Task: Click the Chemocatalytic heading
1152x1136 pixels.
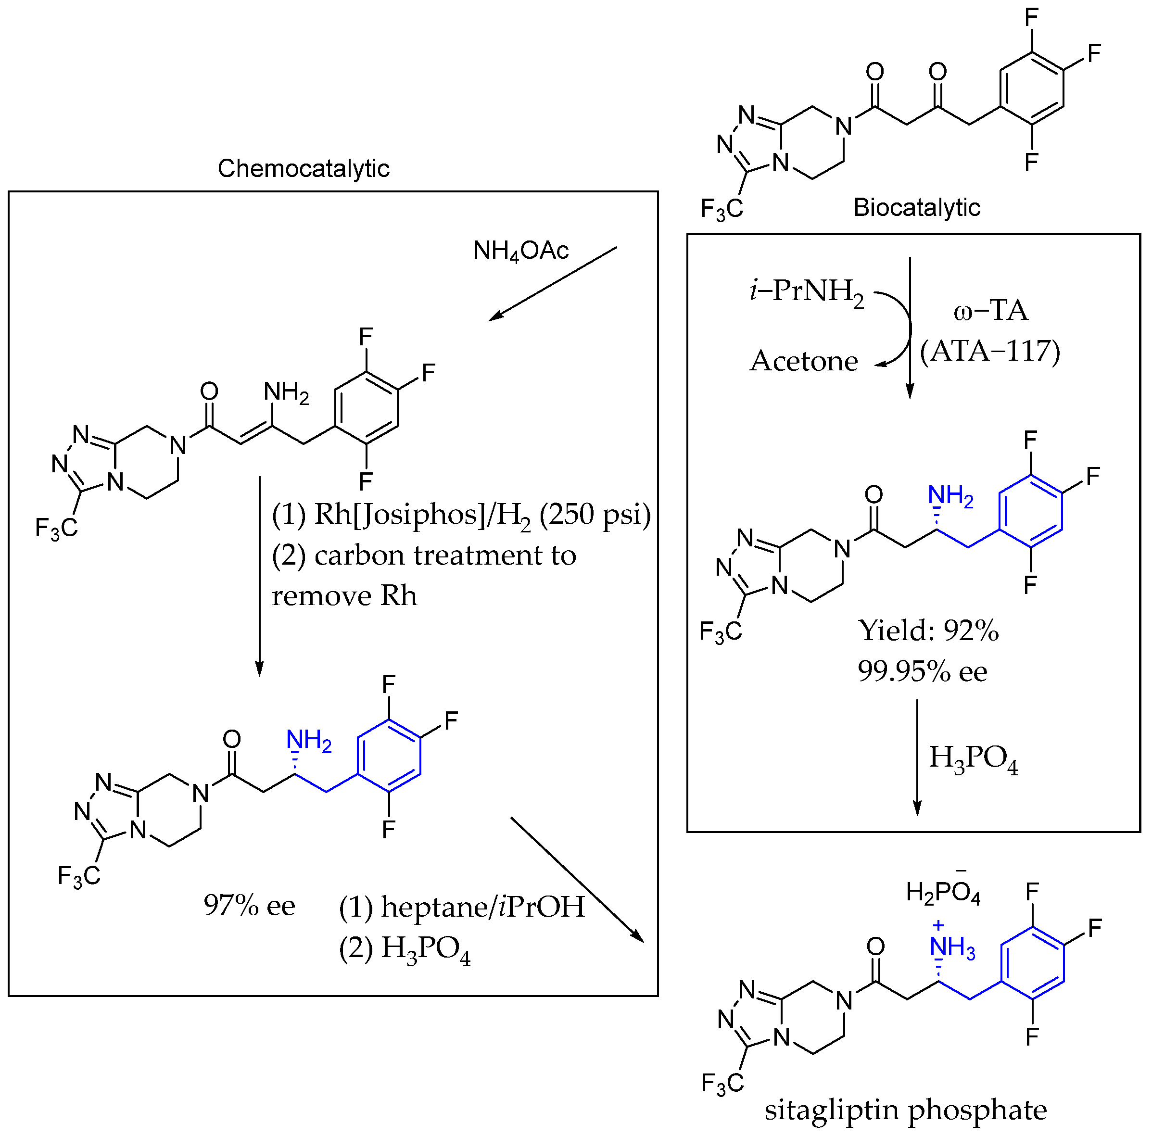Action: click(x=303, y=169)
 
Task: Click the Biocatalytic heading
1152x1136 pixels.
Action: click(x=916, y=207)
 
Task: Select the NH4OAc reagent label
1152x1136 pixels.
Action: click(x=520, y=251)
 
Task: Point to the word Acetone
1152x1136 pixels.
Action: click(x=803, y=361)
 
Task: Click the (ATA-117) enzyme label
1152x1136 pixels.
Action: click(x=990, y=351)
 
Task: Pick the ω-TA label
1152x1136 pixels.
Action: click(x=990, y=311)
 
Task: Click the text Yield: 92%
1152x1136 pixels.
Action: click(x=928, y=631)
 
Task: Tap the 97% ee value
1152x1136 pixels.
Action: click(x=249, y=906)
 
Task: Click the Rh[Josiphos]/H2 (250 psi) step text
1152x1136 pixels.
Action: click(x=461, y=515)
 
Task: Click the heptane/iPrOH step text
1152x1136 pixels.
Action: click(x=461, y=907)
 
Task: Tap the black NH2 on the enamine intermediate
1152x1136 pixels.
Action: click(x=286, y=393)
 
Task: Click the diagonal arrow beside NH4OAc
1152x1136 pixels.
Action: click(x=552, y=284)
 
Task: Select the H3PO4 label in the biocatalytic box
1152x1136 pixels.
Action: click(x=973, y=758)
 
